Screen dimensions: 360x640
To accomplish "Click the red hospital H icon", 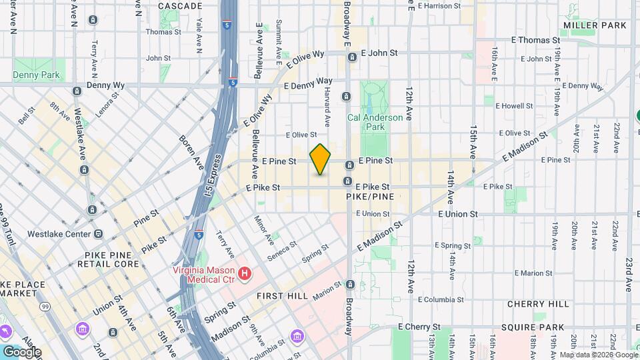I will (245, 273).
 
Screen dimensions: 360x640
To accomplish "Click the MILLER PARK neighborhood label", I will (595, 25).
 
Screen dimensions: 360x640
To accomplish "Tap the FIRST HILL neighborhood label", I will (279, 294).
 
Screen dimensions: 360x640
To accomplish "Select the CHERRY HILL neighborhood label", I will (537, 304).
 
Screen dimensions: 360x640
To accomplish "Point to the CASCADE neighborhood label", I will (180, 6).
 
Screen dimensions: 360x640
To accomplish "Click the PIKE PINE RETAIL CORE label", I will (112, 259).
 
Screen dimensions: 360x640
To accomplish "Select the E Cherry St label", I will (420, 327).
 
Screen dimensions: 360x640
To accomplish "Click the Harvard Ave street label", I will (328, 109).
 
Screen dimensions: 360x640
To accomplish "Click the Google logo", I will (21, 352).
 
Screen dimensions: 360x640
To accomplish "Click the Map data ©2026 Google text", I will (597, 355).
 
